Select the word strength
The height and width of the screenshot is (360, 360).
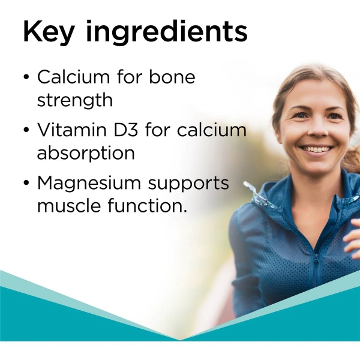click(74, 100)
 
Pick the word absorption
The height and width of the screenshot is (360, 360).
click(86, 153)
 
